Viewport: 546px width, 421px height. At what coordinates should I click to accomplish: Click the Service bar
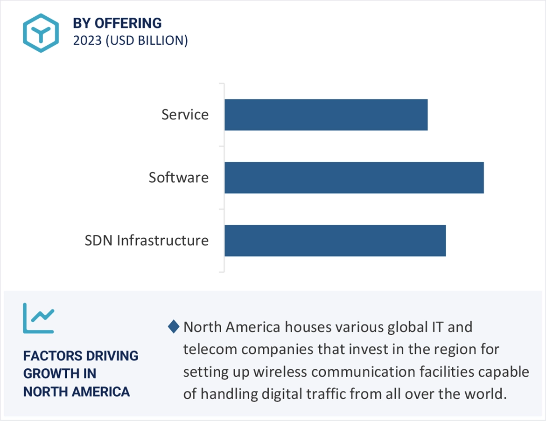(326, 115)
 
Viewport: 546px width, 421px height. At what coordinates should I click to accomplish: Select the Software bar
(354, 178)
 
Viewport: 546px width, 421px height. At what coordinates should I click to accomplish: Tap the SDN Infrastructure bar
(335, 241)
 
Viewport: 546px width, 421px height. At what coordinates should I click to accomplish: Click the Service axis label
(185, 115)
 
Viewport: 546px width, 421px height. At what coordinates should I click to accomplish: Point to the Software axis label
(179, 178)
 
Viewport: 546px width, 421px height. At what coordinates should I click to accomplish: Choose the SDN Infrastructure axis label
(147, 241)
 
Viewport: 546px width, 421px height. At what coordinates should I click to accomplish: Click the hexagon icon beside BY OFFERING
(42, 33)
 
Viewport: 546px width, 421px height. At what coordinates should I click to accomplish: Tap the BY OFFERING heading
(117, 23)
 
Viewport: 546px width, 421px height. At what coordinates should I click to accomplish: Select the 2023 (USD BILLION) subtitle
(130, 41)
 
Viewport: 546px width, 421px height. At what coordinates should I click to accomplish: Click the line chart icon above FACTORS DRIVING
(39, 318)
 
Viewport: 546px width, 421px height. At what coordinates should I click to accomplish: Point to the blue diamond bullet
(173, 327)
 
